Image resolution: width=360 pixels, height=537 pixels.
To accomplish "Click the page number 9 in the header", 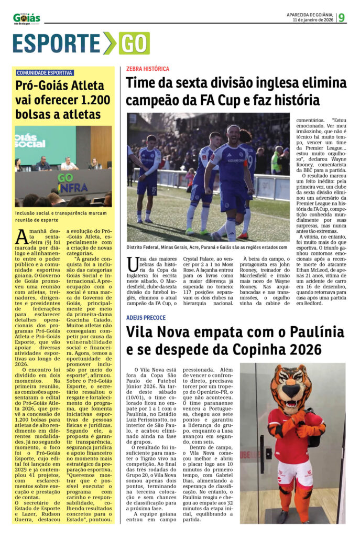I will (342, 17).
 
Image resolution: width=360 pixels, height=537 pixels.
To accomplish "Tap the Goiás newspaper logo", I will (26, 18).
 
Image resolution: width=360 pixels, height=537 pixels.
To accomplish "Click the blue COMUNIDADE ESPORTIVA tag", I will (45, 73).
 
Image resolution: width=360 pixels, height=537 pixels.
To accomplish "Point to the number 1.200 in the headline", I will (91, 100).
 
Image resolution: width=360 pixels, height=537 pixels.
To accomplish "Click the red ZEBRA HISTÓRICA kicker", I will (148, 69).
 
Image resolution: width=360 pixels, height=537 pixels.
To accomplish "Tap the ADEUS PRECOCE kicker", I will (146, 318).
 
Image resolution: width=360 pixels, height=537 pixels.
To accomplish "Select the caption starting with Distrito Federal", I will (208, 248).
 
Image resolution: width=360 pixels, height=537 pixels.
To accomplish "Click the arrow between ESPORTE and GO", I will (109, 44).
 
